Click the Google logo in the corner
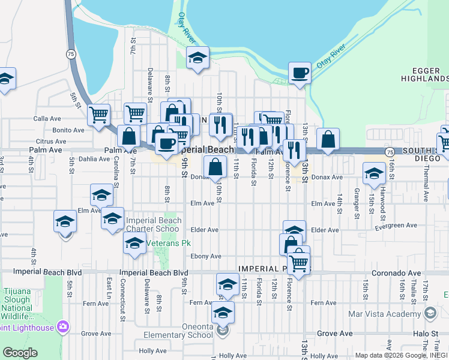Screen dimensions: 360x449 pos(20,353)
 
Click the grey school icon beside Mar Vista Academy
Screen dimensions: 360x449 pos(430,313)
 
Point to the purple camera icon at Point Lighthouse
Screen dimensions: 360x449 pos(62,326)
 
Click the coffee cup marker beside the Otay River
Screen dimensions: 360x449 pos(299,73)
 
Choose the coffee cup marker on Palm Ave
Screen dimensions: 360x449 pos(166,143)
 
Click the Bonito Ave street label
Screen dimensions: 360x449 pos(68,130)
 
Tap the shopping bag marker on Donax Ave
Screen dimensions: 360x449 pos(215,166)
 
